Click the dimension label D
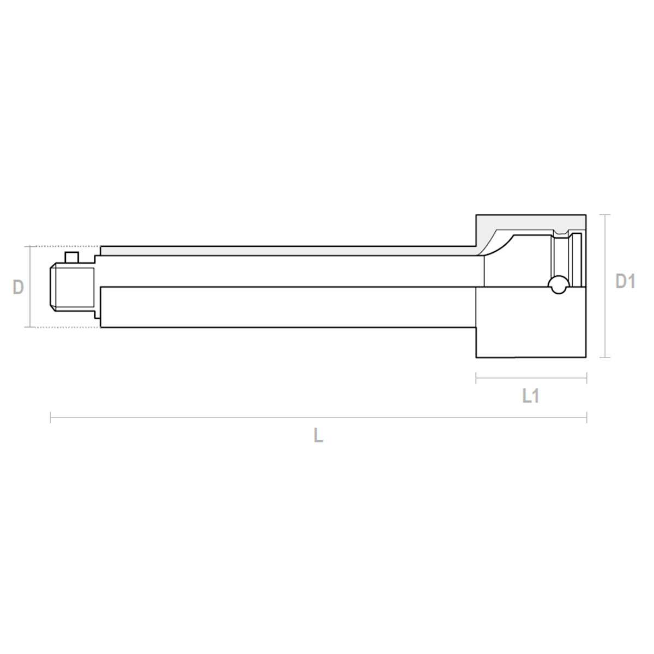(18, 287)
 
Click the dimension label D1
(625, 281)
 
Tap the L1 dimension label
(531, 396)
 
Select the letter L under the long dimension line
(318, 435)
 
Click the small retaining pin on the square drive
(71, 257)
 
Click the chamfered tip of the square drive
(53, 287)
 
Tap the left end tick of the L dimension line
(51, 417)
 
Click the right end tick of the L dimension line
(586, 417)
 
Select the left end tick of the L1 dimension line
(476, 378)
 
